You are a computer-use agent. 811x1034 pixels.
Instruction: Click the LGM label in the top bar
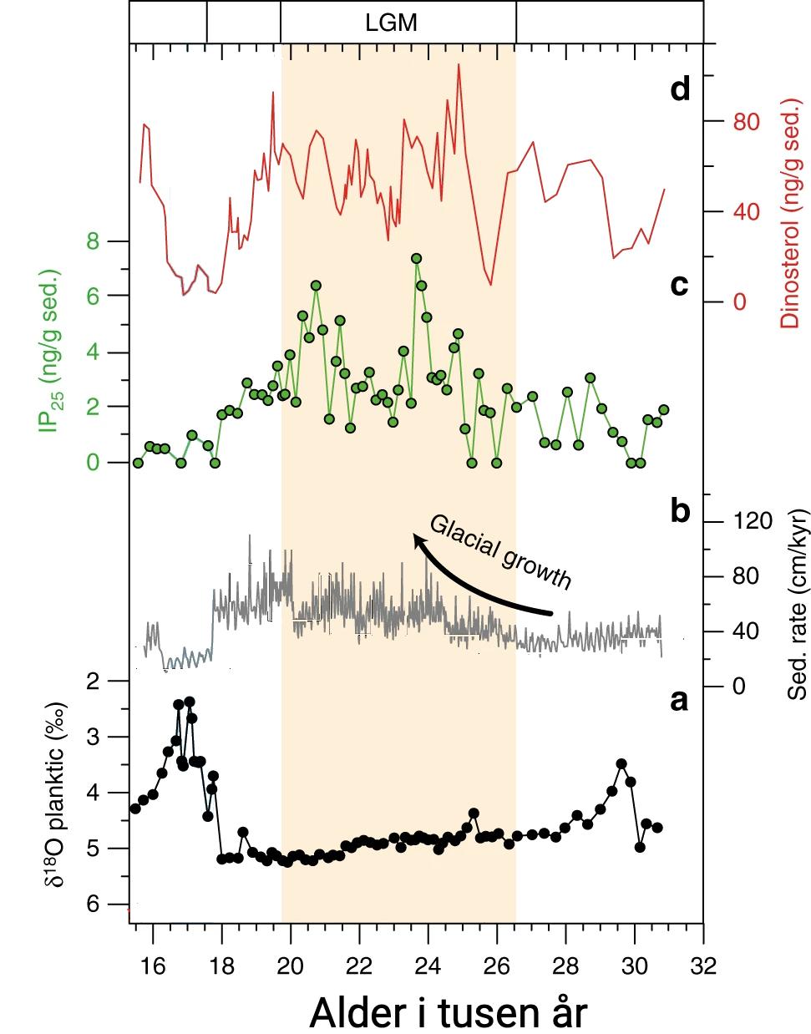(x=391, y=23)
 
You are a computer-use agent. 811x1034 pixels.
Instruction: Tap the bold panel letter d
(x=680, y=89)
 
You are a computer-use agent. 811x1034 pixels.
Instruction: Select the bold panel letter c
(x=679, y=284)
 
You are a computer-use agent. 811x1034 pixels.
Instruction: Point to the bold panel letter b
(x=680, y=510)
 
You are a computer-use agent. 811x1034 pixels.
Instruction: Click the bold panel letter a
(x=680, y=700)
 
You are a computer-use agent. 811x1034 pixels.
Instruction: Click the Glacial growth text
(x=500, y=552)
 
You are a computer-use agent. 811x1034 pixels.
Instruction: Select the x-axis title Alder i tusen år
(x=449, y=1012)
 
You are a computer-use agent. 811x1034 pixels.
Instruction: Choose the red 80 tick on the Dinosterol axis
(x=746, y=122)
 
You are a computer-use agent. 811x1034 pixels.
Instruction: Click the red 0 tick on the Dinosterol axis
(x=739, y=302)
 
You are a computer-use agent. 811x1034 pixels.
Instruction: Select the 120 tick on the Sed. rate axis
(x=752, y=522)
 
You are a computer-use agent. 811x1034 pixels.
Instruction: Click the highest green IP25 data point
(x=416, y=259)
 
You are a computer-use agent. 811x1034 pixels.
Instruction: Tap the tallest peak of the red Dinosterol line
(x=459, y=64)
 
